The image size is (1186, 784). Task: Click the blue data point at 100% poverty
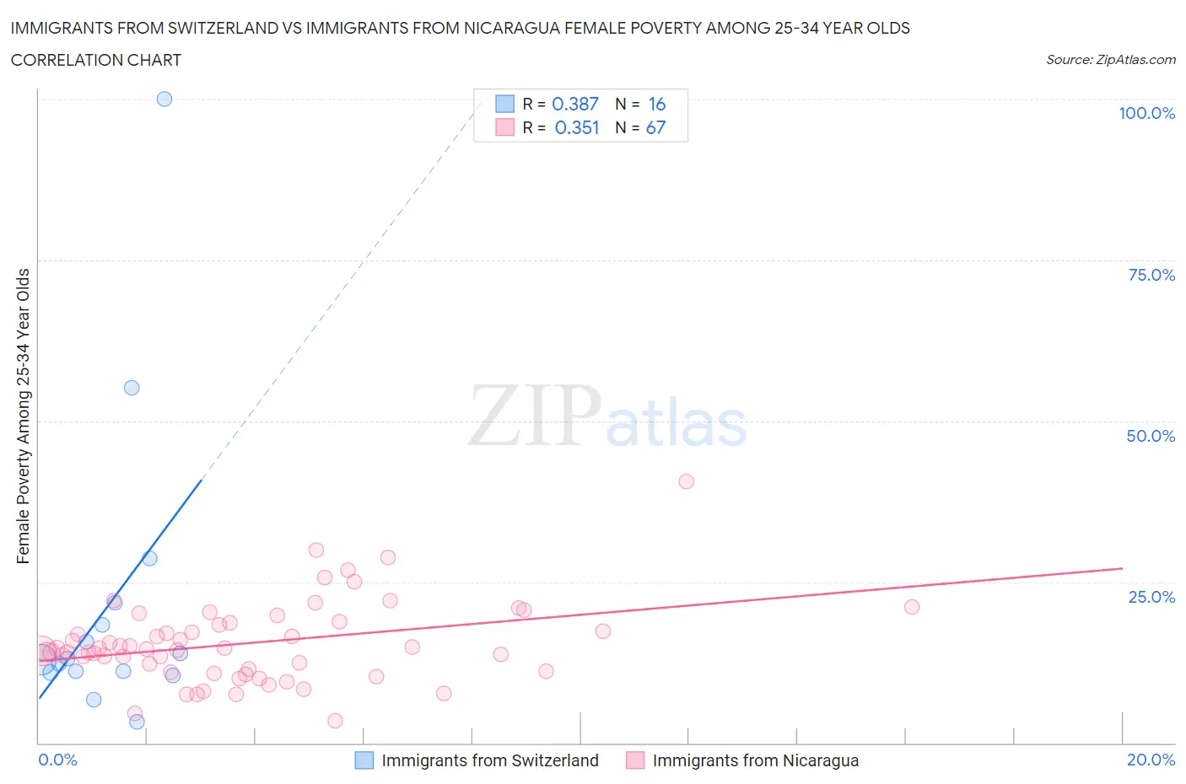(164, 99)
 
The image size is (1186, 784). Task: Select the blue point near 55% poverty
(132, 388)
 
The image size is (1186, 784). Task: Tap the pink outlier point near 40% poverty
(687, 481)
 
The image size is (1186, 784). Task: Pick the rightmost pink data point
(912, 607)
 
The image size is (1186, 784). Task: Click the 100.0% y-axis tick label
(1146, 113)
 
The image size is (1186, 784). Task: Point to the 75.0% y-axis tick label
(1151, 275)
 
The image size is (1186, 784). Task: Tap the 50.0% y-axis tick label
(1151, 436)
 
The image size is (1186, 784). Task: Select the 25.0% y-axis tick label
(1151, 597)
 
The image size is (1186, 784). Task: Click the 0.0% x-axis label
(57, 760)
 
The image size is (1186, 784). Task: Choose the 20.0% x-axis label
(1151, 760)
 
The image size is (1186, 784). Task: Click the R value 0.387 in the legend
(574, 104)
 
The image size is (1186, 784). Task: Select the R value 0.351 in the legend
(576, 127)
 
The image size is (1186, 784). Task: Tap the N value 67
(655, 127)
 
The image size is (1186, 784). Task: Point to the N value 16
(656, 104)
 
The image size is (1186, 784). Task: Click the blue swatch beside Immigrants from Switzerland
(364, 760)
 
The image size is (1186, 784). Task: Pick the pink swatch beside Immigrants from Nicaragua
(635, 760)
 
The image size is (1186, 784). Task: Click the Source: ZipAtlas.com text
(1110, 59)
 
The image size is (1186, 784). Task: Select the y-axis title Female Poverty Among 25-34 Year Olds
(24, 416)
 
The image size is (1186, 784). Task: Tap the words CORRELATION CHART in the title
(96, 60)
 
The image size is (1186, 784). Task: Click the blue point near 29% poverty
(149, 558)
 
